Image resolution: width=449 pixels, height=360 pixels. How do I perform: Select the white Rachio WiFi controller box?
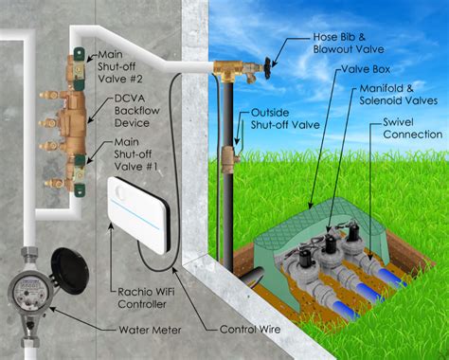pos(138,214)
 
